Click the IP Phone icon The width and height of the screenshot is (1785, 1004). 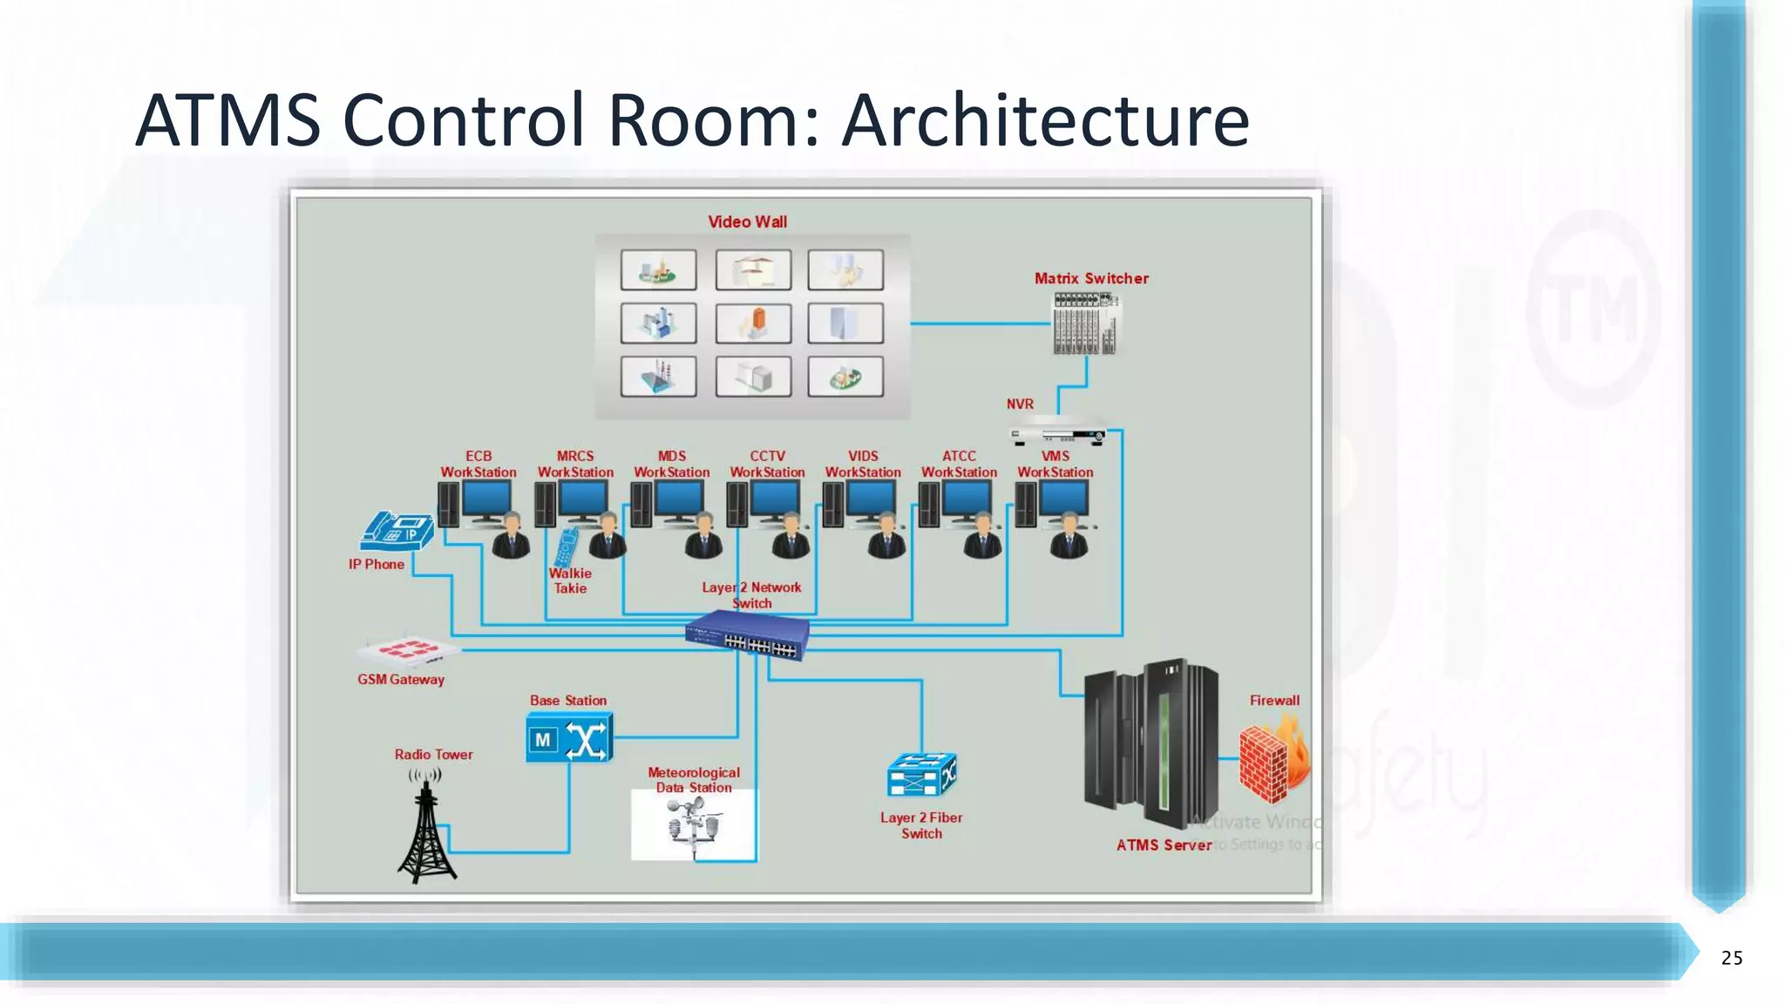click(x=397, y=531)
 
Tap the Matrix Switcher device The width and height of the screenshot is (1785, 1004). click(x=1085, y=323)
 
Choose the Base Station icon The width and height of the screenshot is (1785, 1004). click(x=569, y=738)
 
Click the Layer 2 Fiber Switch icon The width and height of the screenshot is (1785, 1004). click(x=921, y=774)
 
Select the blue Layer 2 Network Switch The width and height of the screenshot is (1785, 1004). click(x=748, y=634)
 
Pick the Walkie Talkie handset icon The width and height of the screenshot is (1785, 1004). click(x=567, y=547)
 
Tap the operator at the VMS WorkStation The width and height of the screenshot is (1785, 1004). click(x=1069, y=537)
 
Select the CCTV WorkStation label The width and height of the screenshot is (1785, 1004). click(x=767, y=464)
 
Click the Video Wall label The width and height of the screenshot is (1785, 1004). click(x=747, y=222)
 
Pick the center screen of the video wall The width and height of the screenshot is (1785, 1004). click(x=753, y=323)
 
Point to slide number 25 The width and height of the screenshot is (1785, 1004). click(x=1731, y=958)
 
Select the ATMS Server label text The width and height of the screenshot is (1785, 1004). click(x=1163, y=845)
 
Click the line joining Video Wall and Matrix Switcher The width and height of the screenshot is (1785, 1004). click(x=981, y=323)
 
